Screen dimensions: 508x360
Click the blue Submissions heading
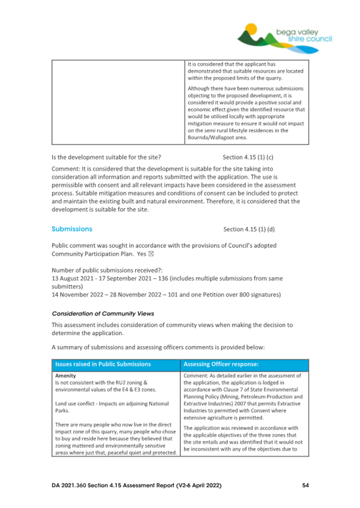point(71,229)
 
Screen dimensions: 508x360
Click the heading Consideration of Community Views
point(102,313)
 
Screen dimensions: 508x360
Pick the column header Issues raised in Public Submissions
point(103,365)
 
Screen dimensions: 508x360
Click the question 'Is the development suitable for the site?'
point(106,158)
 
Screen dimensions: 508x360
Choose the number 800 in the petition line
point(248,295)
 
